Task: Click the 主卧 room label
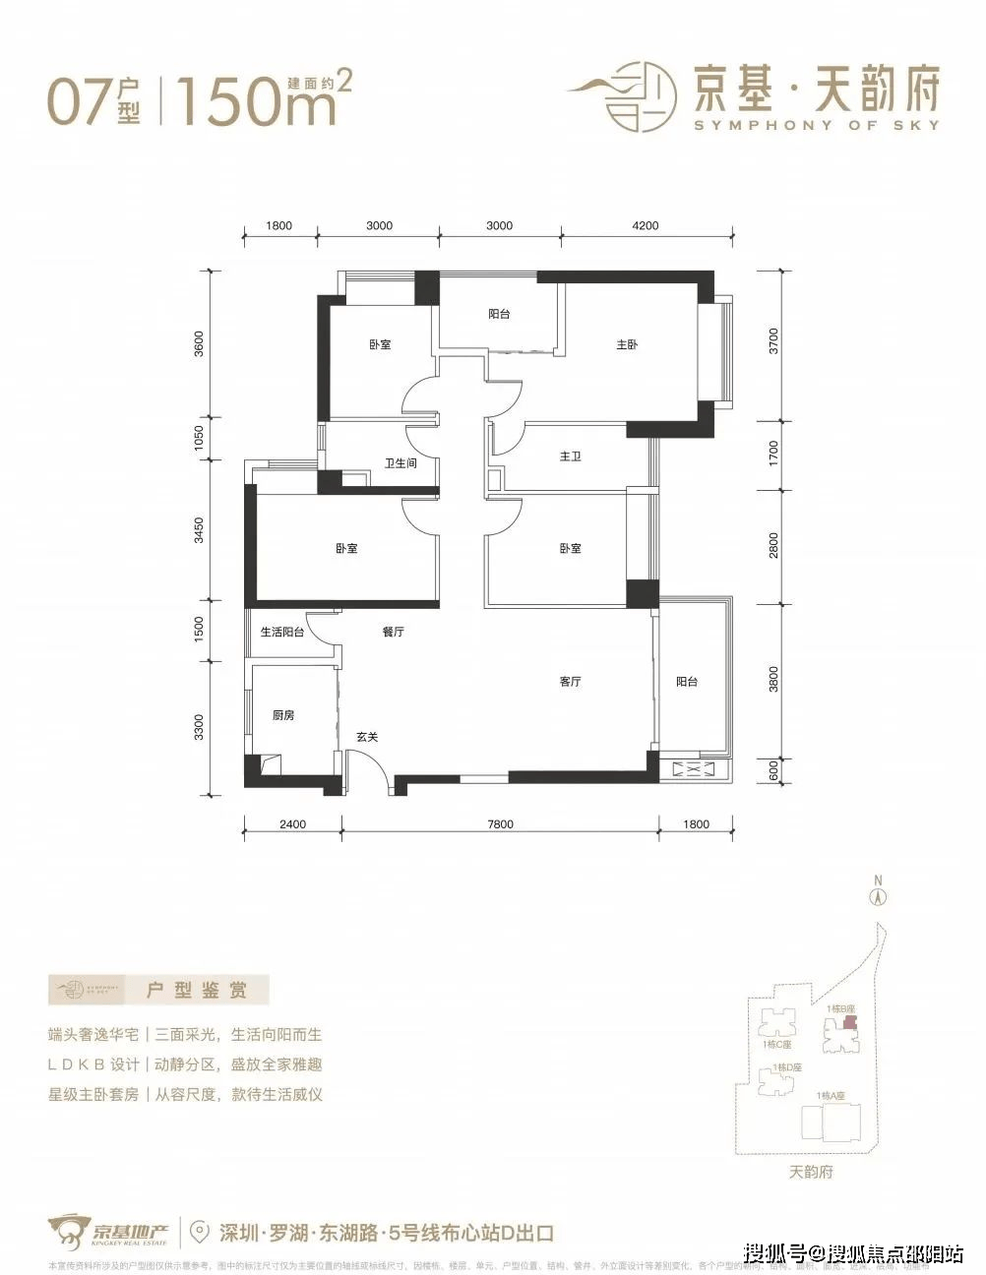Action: click(x=627, y=345)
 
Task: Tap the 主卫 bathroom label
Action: click(x=570, y=456)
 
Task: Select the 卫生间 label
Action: click(x=401, y=462)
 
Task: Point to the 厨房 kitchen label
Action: click(x=283, y=715)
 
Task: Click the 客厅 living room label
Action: click(x=570, y=681)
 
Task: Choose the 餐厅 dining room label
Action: click(x=393, y=633)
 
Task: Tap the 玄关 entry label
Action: click(x=367, y=737)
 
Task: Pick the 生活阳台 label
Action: click(x=282, y=633)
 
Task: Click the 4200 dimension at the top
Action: click(x=645, y=225)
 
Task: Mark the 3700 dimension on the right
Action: click(x=774, y=341)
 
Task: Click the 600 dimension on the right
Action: click(x=774, y=769)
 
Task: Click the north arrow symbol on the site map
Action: click(x=878, y=896)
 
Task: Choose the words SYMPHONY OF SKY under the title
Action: click(x=816, y=125)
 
